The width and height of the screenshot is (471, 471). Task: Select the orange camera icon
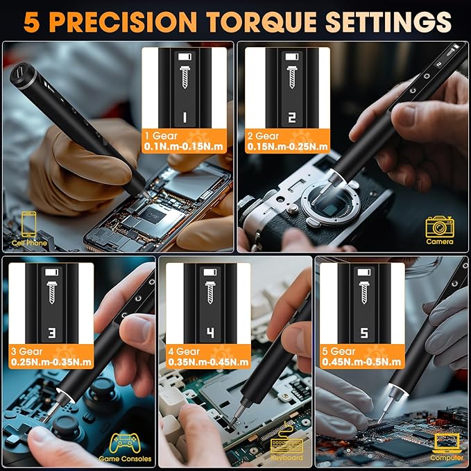point(440,226)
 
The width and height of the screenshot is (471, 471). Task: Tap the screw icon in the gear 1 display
point(185,78)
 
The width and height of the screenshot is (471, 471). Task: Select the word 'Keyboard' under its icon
point(286,458)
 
